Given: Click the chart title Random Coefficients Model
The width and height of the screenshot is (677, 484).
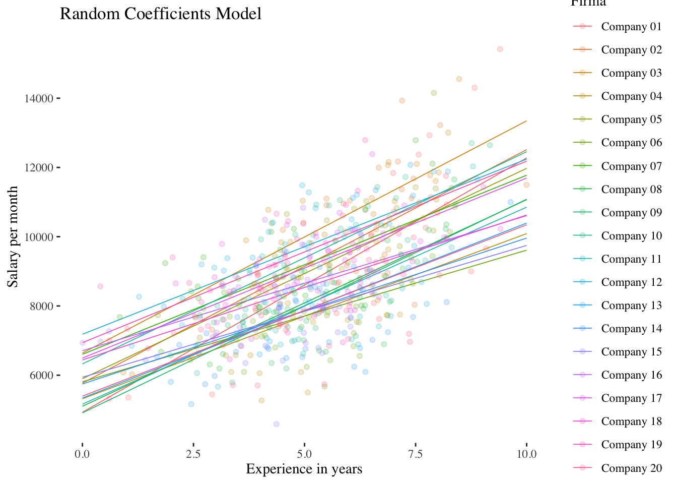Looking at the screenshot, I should (161, 14).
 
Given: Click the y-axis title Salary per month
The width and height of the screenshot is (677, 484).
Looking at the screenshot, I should (13, 237).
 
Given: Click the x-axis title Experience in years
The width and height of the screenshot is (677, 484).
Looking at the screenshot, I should (304, 469).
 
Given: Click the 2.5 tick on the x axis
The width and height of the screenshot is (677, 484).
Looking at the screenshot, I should (193, 454).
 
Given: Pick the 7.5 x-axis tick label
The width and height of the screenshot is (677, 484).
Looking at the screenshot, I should (416, 454).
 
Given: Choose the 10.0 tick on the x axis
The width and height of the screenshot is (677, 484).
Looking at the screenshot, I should (526, 454).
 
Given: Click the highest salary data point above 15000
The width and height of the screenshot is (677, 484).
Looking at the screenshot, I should (500, 49).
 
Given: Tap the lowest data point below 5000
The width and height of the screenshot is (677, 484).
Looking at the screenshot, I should (276, 424).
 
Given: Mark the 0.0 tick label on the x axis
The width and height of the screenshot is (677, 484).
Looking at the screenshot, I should (82, 454).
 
